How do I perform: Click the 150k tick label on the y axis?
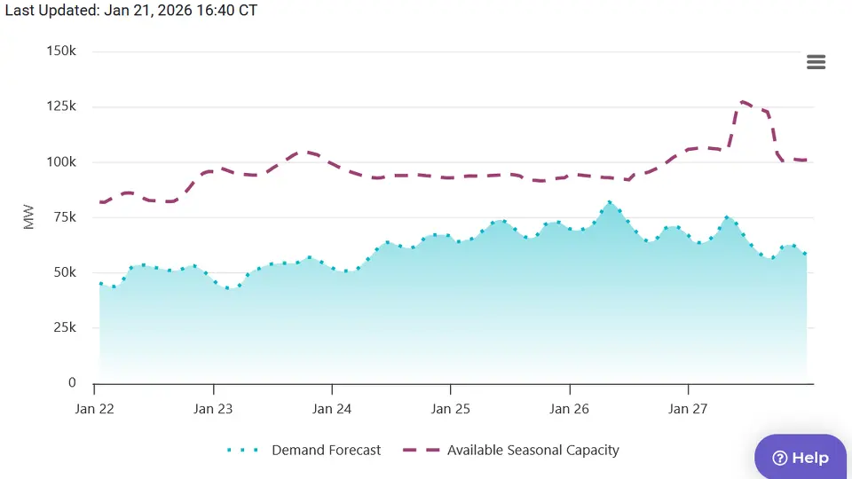pos(61,51)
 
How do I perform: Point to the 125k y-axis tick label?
pos(61,106)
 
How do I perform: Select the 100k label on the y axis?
pos(61,162)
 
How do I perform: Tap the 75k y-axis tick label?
pos(65,217)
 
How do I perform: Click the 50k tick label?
pos(65,272)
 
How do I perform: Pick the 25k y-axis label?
pos(65,328)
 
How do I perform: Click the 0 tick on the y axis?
pos(72,383)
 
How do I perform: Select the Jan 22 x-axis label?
pos(94,409)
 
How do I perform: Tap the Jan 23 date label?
pos(213,409)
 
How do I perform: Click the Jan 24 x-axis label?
pos(332,409)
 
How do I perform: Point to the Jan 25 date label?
pos(450,409)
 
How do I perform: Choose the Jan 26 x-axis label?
pos(569,409)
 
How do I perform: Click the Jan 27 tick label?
pos(688,409)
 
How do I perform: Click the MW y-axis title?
pos(29,217)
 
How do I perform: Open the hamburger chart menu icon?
pos(816,62)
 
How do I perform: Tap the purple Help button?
pos(801,458)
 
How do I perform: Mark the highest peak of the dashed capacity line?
pos(743,102)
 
